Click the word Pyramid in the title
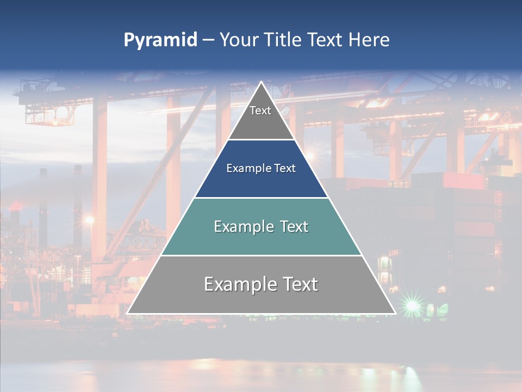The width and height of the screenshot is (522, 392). point(160,40)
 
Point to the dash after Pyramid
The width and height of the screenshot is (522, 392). point(208,40)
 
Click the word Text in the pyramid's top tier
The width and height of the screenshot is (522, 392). point(260,111)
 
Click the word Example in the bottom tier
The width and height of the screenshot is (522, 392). point(239,285)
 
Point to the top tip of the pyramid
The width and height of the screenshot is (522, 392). point(262,82)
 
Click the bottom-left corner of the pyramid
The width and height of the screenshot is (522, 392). point(128,313)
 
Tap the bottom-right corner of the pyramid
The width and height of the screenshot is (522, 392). point(395,313)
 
